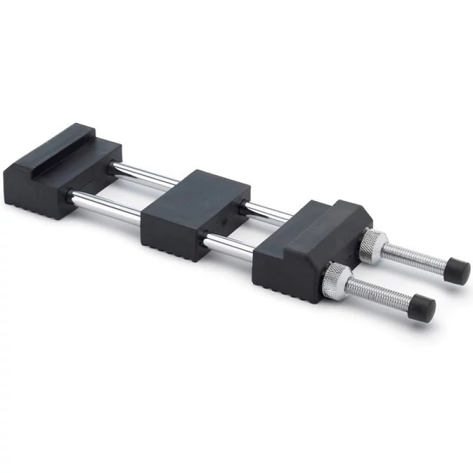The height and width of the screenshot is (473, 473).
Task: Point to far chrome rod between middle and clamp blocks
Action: coord(268,211)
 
